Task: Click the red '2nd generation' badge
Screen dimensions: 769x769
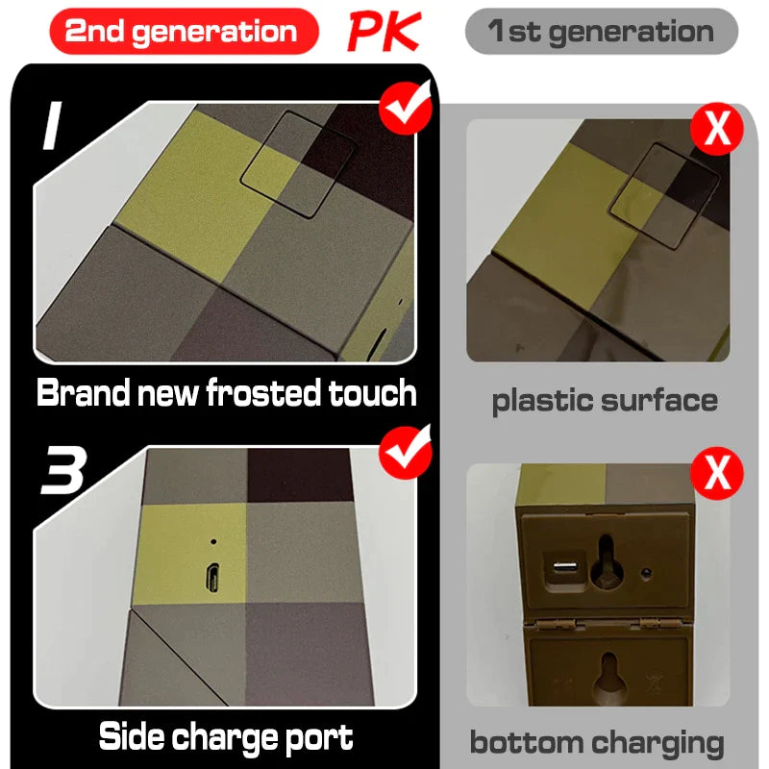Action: (x=184, y=31)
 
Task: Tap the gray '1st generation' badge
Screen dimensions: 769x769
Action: (x=602, y=31)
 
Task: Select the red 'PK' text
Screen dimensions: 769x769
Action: (x=384, y=32)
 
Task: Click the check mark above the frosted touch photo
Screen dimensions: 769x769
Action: (x=406, y=107)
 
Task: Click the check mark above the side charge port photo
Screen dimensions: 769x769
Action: (x=406, y=452)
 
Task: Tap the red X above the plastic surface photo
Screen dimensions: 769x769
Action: (x=717, y=129)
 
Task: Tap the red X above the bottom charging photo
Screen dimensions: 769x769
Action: (x=717, y=473)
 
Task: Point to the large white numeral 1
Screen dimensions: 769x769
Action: (x=53, y=125)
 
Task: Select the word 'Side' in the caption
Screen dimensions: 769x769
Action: (x=131, y=735)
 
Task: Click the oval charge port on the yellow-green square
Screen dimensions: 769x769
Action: (x=212, y=579)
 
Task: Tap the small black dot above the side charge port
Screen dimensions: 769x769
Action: (x=213, y=542)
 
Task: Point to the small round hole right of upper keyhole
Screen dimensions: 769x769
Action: (x=646, y=573)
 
